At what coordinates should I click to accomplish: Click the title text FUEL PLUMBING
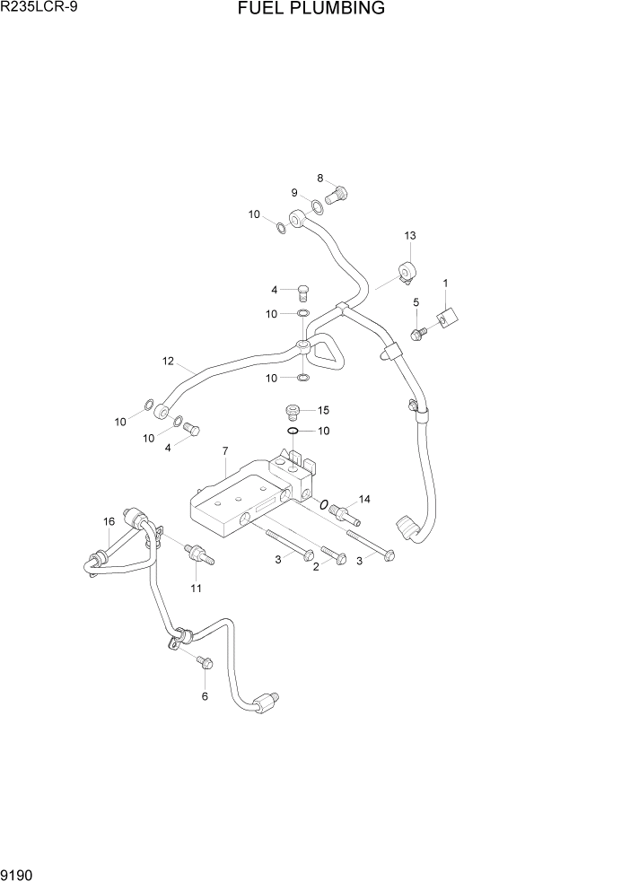pyautogui.click(x=311, y=9)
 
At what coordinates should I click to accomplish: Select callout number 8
pyautogui.click(x=319, y=178)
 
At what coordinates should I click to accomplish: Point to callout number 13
pyautogui.click(x=409, y=235)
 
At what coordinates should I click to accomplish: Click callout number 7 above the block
pyautogui.click(x=224, y=450)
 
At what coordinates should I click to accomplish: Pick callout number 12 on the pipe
pyautogui.click(x=167, y=362)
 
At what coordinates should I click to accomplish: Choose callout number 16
pyautogui.click(x=109, y=521)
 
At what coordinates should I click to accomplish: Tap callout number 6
pyautogui.click(x=204, y=696)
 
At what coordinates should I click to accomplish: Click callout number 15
pyautogui.click(x=323, y=410)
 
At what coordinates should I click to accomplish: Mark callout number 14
pyautogui.click(x=364, y=499)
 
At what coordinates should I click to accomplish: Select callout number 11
pyautogui.click(x=196, y=589)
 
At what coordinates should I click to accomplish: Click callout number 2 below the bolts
pyautogui.click(x=315, y=567)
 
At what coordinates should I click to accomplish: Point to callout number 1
pyautogui.click(x=445, y=284)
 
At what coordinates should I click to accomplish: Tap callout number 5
pyautogui.click(x=416, y=303)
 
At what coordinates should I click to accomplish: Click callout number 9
pyautogui.click(x=293, y=193)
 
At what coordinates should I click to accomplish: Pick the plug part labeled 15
pyautogui.click(x=291, y=412)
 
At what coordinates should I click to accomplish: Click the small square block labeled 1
pyautogui.click(x=447, y=317)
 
